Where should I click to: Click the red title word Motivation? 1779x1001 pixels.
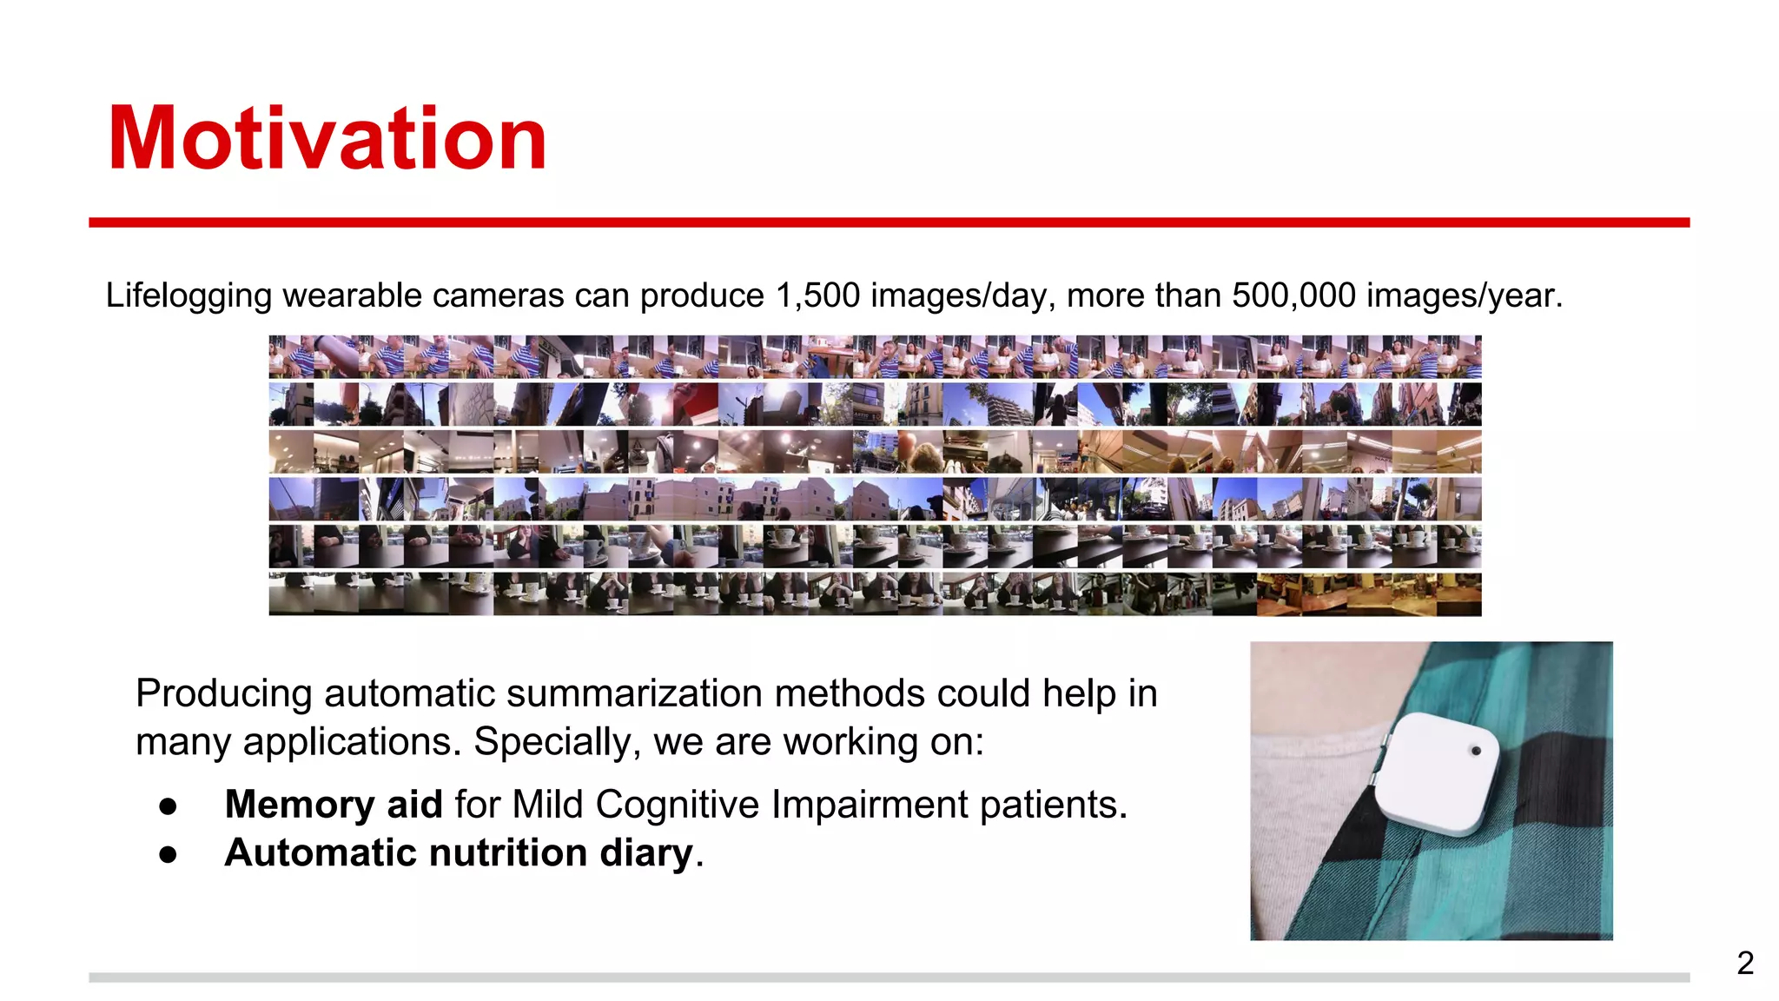[x=327, y=139]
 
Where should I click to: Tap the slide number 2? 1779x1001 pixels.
[x=1745, y=963]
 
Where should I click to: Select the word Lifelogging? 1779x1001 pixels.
[x=188, y=296]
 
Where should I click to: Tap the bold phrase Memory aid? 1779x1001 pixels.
[x=334, y=804]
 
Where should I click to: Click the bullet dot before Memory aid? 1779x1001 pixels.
[x=169, y=806]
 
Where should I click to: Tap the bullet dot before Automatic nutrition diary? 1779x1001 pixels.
[x=169, y=855]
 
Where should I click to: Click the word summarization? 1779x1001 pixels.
[x=638, y=693]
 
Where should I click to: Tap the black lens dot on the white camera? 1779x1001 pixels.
[x=1475, y=751]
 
